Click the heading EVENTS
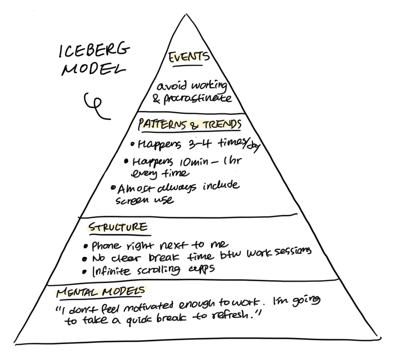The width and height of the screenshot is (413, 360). pyautogui.click(x=189, y=57)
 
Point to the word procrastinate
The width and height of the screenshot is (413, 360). pyautogui.click(x=197, y=99)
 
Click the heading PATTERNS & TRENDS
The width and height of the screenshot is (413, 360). pyautogui.click(x=190, y=124)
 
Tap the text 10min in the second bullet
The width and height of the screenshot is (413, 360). pyautogui.click(x=194, y=162)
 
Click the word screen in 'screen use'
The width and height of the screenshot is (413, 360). pyautogui.click(x=132, y=201)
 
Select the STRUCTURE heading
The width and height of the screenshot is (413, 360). pyautogui.click(x=118, y=227)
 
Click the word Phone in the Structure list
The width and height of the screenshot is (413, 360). pyautogui.click(x=106, y=246)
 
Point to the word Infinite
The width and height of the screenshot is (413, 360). pyautogui.click(x=111, y=271)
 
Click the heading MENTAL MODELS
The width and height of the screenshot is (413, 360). pyautogui.click(x=100, y=291)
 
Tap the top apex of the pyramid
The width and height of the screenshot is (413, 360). pyautogui.click(x=186, y=14)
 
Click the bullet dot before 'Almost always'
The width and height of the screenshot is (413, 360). pyautogui.click(x=113, y=188)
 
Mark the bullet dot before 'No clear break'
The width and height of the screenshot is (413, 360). pyautogui.click(x=85, y=259)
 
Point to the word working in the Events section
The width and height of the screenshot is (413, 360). pyautogui.click(x=209, y=86)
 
